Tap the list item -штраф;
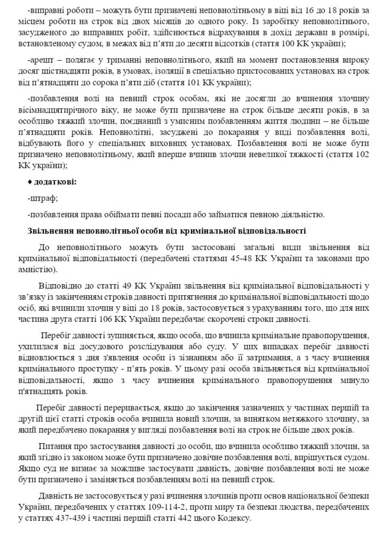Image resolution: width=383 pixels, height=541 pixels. tap(42, 199)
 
